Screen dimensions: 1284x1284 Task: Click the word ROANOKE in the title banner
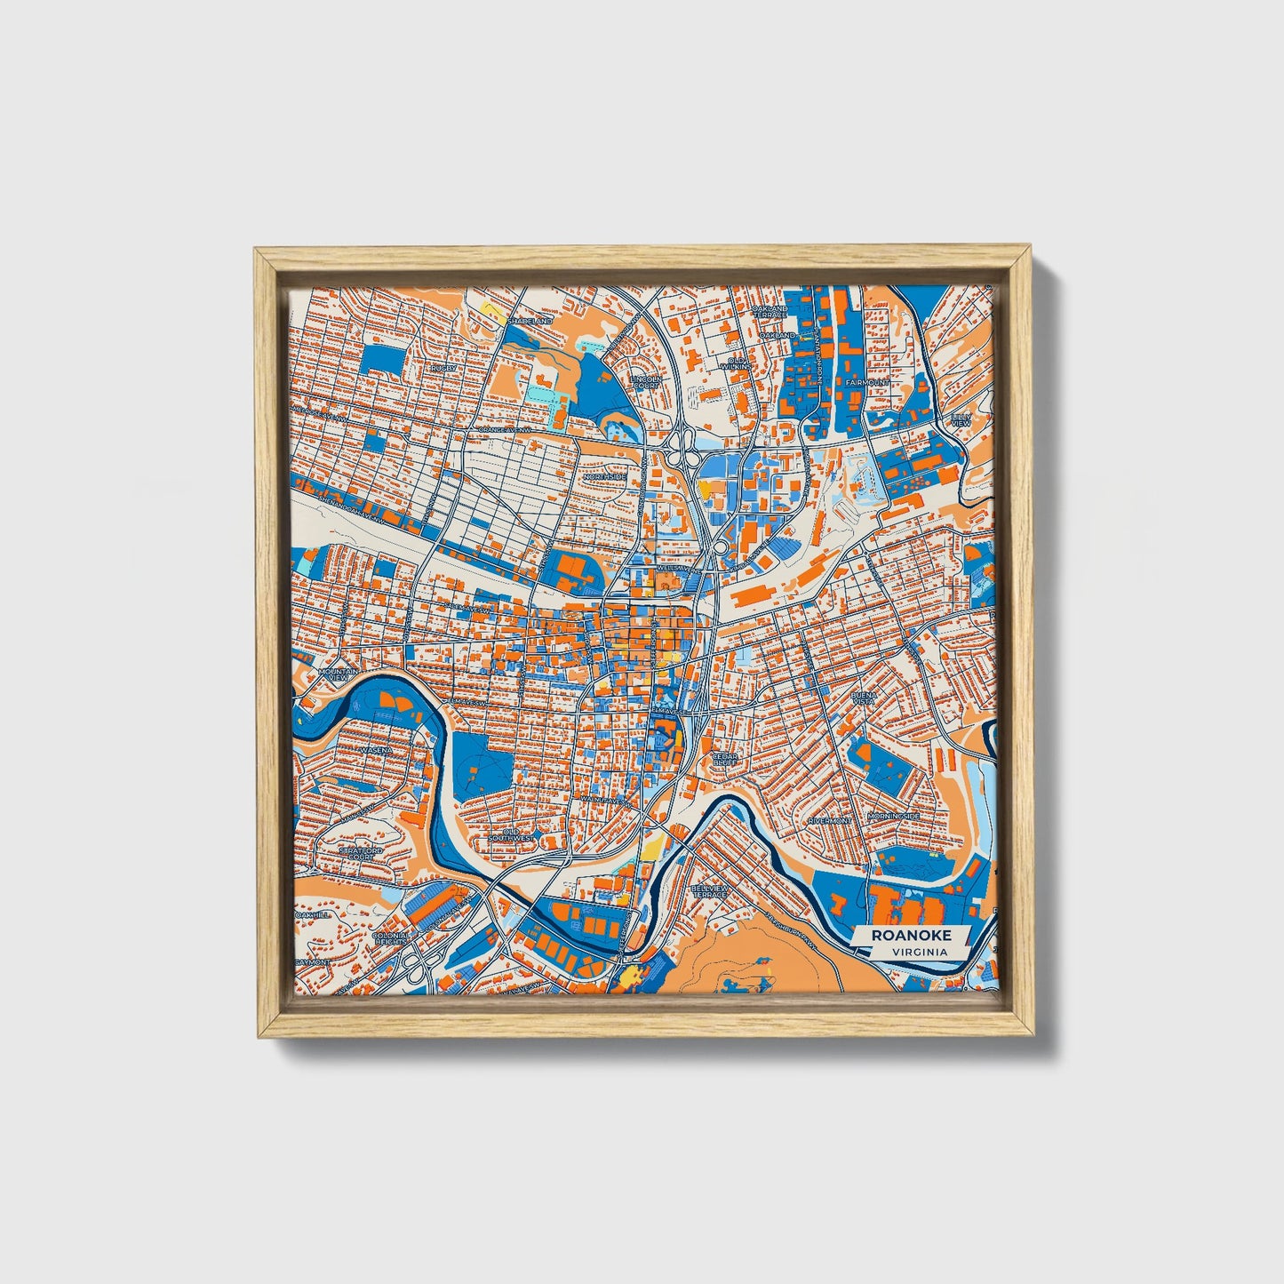click(x=911, y=935)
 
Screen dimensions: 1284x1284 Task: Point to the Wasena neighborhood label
click(x=376, y=751)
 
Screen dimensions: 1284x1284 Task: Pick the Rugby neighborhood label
click(x=443, y=367)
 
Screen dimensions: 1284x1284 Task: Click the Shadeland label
click(x=530, y=320)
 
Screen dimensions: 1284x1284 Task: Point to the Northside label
click(x=606, y=477)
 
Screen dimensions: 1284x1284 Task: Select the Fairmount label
click(x=866, y=382)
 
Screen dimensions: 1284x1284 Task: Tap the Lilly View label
click(x=961, y=419)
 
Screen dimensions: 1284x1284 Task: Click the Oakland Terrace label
click(x=770, y=312)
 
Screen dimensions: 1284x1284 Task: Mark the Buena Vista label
click(x=864, y=698)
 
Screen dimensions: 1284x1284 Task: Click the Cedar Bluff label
click(x=725, y=759)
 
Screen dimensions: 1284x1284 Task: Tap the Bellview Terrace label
click(x=711, y=891)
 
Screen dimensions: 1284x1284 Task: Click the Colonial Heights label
click(x=391, y=938)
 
